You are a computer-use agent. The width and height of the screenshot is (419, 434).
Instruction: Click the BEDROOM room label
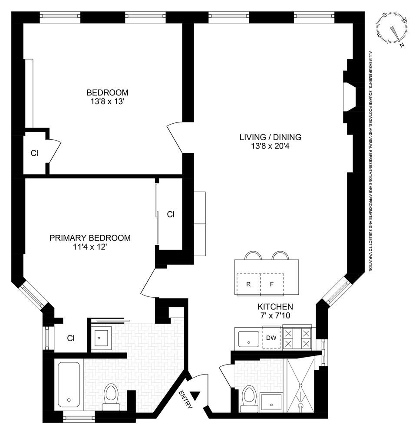[x=107, y=92]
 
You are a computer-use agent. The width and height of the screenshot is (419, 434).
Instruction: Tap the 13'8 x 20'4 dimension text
[x=270, y=146]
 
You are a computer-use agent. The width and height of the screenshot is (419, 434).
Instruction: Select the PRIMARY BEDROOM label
[x=90, y=238]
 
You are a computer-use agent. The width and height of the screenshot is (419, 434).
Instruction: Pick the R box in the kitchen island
[x=248, y=285]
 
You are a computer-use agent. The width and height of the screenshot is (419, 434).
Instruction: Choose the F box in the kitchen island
[x=272, y=285]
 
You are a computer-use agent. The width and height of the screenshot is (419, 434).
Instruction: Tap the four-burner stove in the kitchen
[x=297, y=338]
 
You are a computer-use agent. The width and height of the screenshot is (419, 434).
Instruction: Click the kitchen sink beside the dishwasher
[x=248, y=338]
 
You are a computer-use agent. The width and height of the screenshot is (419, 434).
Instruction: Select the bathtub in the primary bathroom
[x=69, y=384]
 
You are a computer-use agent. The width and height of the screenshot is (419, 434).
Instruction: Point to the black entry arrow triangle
[x=196, y=395]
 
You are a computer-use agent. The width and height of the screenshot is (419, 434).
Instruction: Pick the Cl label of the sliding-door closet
[x=171, y=214]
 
